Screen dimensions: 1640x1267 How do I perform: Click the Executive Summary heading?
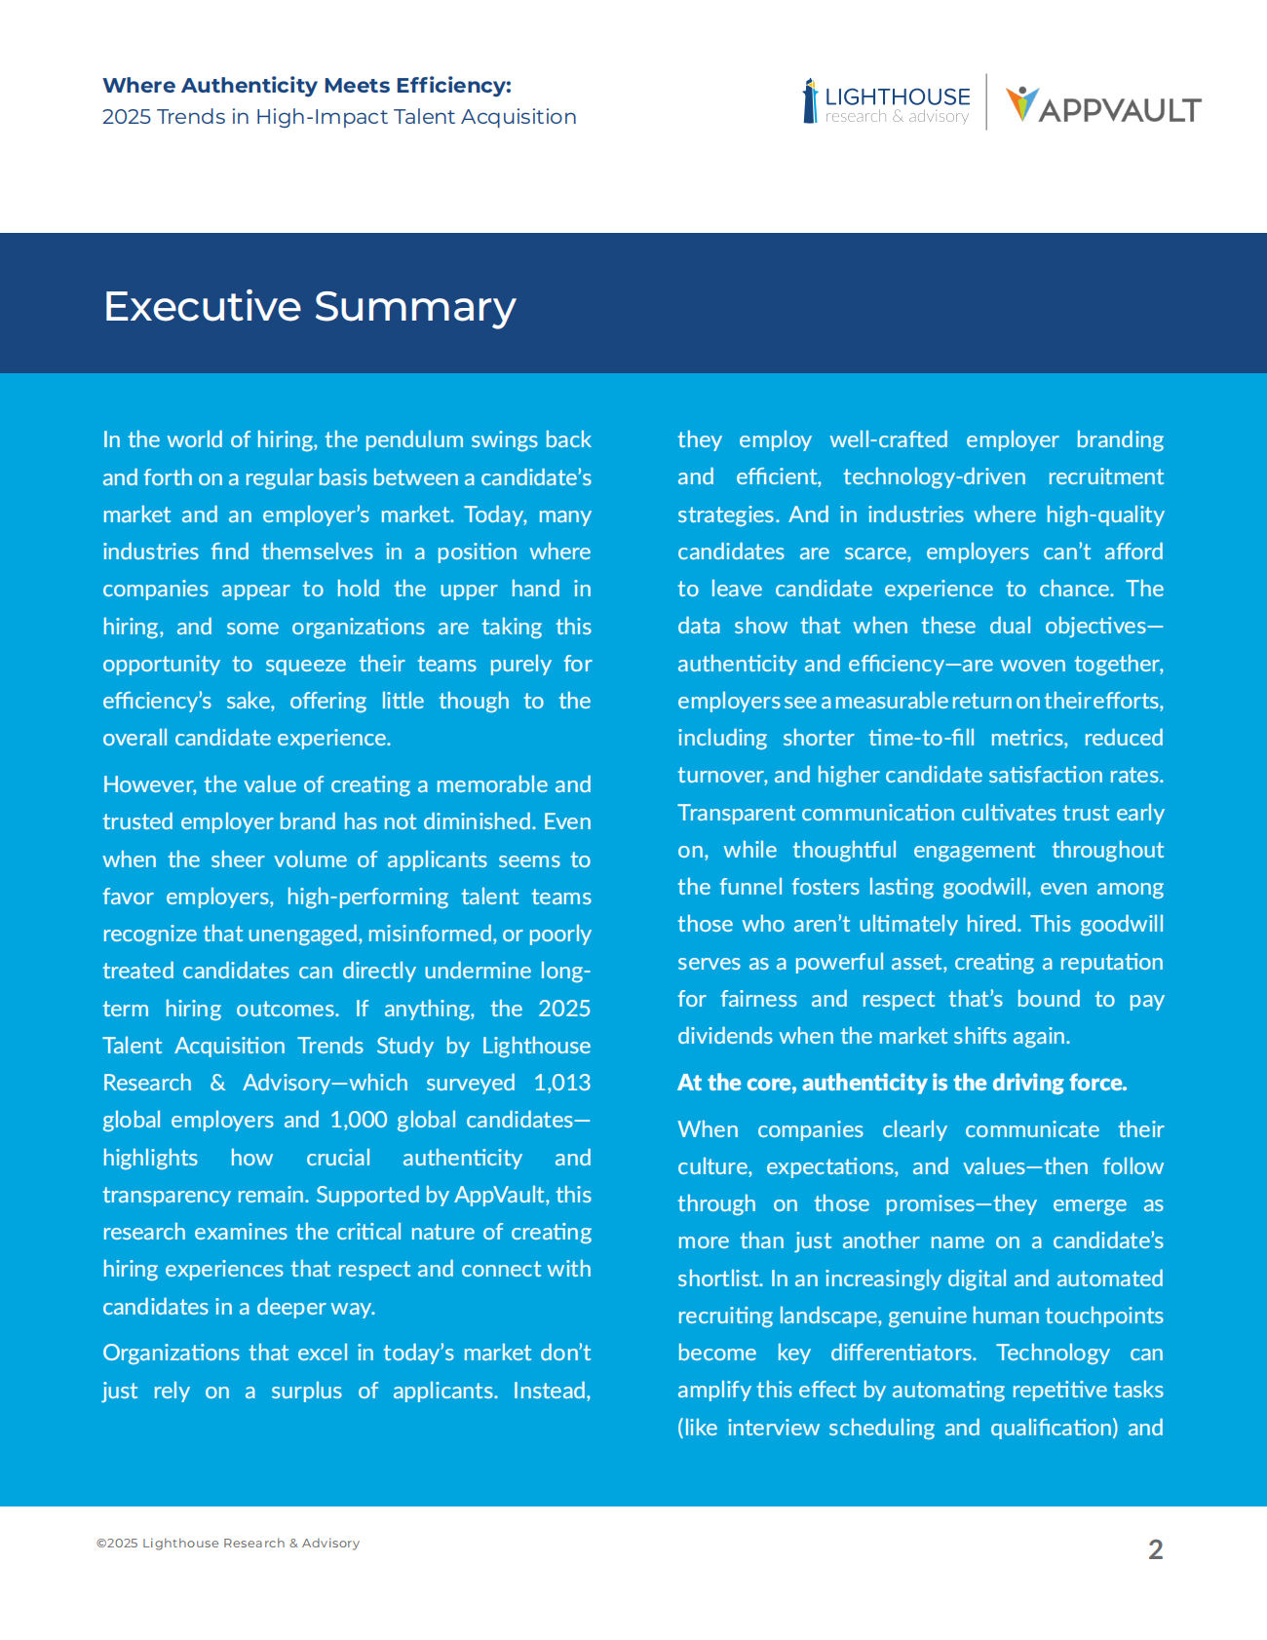[309, 306]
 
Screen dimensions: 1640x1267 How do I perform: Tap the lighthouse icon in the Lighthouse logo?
[810, 101]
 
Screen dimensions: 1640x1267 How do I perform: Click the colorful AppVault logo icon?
[1021, 102]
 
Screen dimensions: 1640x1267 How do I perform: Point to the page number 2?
[1155, 1549]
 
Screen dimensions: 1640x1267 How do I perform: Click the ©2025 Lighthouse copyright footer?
[228, 1543]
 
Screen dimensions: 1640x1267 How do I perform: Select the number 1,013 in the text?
[561, 1083]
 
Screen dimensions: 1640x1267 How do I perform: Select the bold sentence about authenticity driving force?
[902, 1083]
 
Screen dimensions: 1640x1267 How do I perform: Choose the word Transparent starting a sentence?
[736, 813]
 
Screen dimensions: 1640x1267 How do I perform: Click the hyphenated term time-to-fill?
[921, 738]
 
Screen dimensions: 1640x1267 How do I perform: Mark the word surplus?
[306, 1391]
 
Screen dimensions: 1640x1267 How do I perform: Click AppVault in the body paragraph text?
[499, 1195]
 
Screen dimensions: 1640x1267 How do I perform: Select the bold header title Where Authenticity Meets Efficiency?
[307, 86]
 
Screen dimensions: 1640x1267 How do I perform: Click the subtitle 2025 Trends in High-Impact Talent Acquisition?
[339, 117]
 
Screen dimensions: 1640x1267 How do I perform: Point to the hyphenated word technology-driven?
[934, 477]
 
